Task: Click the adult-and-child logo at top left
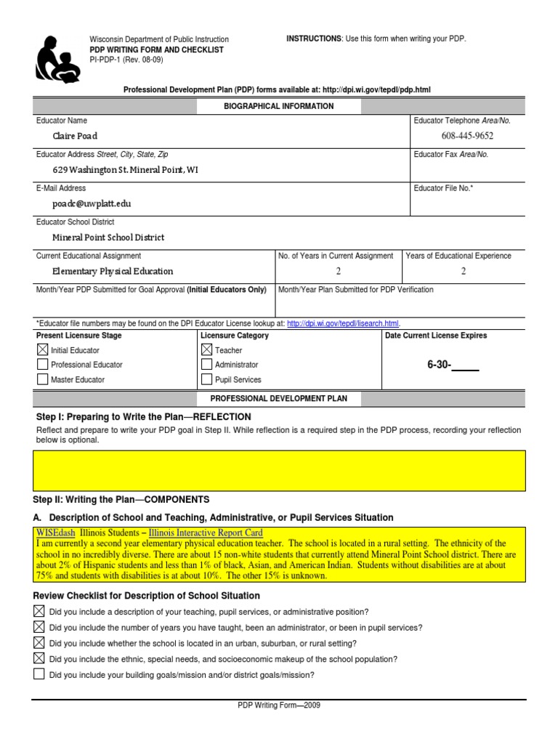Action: pyautogui.click(x=57, y=56)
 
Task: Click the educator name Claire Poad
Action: pyautogui.click(x=74, y=136)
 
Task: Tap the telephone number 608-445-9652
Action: pyautogui.click(x=467, y=136)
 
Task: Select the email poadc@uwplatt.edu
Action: pyautogui.click(x=92, y=204)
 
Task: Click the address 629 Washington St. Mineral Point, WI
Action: pyautogui.click(x=125, y=170)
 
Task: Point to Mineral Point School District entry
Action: pyautogui.click(x=108, y=238)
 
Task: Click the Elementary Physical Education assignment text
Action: pyautogui.click(x=113, y=271)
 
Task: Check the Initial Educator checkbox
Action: pyautogui.click(x=42, y=350)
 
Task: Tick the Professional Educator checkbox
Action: pyautogui.click(x=42, y=365)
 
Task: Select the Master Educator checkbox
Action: pyautogui.click(x=42, y=379)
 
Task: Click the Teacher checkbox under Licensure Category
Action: pyautogui.click(x=206, y=350)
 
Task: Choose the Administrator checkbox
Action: pyautogui.click(x=206, y=365)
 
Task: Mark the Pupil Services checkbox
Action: pyautogui.click(x=206, y=379)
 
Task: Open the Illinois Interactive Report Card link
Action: pyautogui.click(x=206, y=533)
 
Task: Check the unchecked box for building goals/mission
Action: pyautogui.click(x=39, y=674)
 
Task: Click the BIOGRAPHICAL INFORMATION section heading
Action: pyautogui.click(x=278, y=106)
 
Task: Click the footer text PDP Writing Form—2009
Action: pyautogui.click(x=279, y=705)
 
